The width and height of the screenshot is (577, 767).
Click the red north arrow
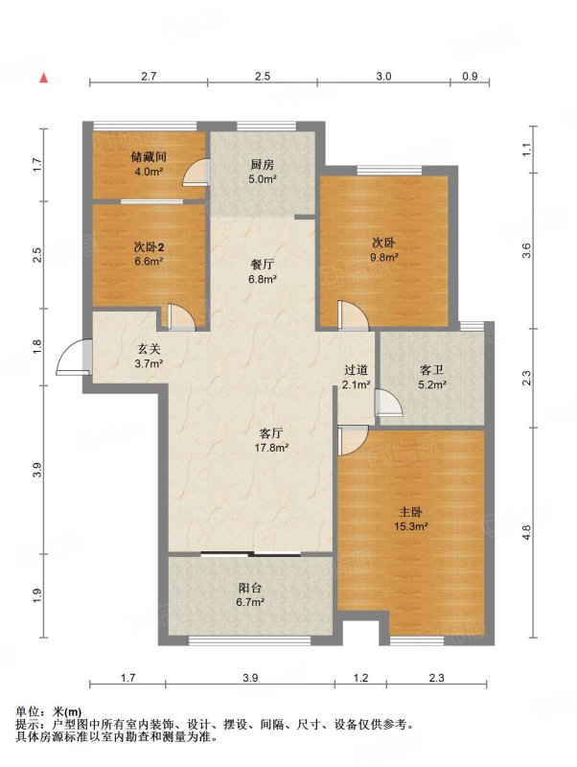point(44,78)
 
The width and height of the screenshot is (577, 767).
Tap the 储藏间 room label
point(149,157)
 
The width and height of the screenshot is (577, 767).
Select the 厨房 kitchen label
point(262,164)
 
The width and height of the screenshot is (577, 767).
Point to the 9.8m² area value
point(383,257)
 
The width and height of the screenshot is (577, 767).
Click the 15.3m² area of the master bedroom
point(411,526)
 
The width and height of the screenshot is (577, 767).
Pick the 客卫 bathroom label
point(431,370)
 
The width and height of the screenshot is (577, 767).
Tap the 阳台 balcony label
point(250,588)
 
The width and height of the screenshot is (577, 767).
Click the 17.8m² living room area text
point(271,447)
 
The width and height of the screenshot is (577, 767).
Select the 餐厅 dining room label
point(263,265)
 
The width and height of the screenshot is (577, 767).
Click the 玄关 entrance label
point(149,349)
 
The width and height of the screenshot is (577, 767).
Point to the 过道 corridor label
point(356,370)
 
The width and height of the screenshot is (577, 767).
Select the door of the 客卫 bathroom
point(389,403)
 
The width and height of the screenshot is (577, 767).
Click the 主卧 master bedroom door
point(352,440)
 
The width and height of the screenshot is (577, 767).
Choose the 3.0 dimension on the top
point(383,77)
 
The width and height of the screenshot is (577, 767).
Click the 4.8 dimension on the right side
point(526,532)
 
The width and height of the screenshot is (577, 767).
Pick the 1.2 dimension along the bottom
point(360,678)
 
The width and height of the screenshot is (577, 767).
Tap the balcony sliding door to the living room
point(251,554)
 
